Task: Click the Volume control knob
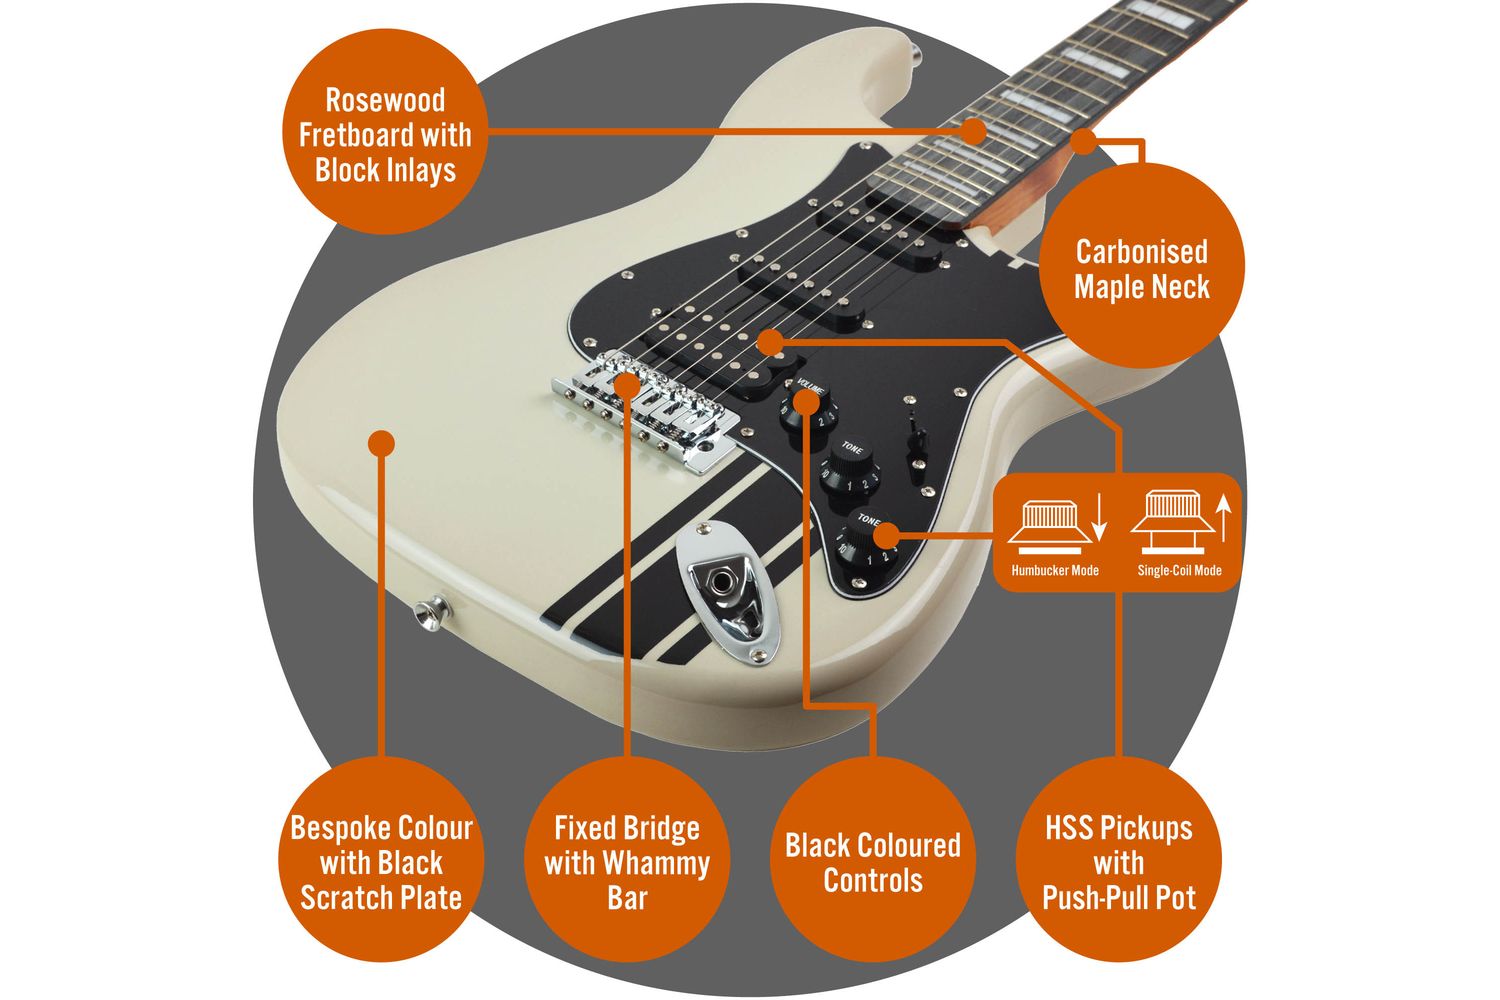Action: tap(806, 405)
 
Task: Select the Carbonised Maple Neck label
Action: tap(1141, 268)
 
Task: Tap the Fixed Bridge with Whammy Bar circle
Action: tap(627, 861)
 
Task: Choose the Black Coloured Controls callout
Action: tap(873, 861)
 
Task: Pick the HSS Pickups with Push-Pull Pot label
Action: tap(1119, 861)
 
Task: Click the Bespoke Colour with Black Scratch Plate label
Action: tap(381, 861)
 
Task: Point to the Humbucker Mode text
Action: tap(1054, 571)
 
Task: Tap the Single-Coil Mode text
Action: tap(1179, 571)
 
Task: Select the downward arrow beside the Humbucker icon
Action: tap(1099, 518)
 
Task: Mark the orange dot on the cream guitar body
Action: tap(381, 443)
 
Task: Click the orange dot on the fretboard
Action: tap(973, 129)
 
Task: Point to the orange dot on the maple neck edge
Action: tap(1083, 141)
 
